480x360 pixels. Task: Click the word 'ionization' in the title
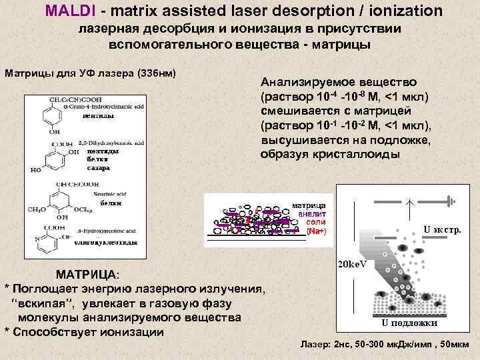[403, 11]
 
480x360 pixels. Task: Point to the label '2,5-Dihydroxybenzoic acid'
[111, 143]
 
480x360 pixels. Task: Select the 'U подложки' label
[409, 323]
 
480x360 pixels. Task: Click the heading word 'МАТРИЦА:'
[87, 274]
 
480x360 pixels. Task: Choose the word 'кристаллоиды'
[365, 154]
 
